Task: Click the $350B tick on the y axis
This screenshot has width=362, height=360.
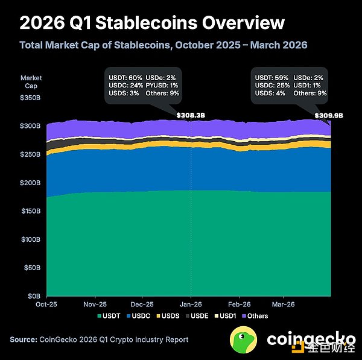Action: coord(31,97)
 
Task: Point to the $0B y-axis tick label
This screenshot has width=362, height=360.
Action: coord(35,295)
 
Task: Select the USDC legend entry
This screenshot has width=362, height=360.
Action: coord(139,316)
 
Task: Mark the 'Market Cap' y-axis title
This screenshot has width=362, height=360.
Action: coord(31,81)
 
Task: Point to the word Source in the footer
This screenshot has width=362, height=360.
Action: coord(23,339)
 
